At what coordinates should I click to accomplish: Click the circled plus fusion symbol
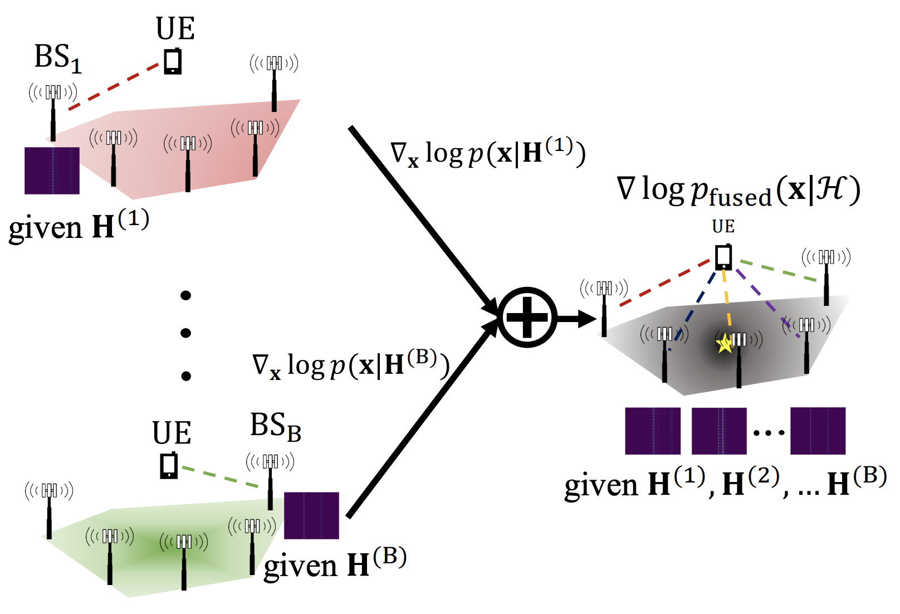[527, 318]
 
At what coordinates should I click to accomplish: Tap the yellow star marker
[725, 344]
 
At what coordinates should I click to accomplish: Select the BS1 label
[58, 58]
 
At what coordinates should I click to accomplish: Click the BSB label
[276, 427]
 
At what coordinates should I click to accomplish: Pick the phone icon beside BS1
[173, 61]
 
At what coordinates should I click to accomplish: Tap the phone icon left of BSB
[169, 465]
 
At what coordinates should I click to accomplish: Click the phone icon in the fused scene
[723, 257]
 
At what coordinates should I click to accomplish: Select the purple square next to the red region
[52, 170]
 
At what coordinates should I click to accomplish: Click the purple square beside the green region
[311, 515]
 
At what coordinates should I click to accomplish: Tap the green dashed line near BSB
[220, 476]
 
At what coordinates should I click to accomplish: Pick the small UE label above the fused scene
[723, 226]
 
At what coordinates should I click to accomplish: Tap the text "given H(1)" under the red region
[79, 226]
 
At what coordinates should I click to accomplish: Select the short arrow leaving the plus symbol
[576, 319]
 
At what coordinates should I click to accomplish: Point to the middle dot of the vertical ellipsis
[186, 333]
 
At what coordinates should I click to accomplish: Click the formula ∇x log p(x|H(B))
[351, 366]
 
